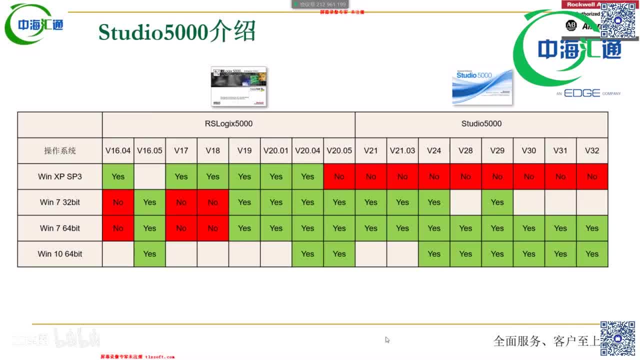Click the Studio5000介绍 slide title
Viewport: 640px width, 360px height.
tap(177, 31)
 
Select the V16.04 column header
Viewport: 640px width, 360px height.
tap(118, 150)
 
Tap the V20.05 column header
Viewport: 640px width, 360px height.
tap(339, 150)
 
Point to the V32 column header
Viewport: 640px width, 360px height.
tap(592, 150)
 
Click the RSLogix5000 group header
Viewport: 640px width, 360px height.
tap(228, 124)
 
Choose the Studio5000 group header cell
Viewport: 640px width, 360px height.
tap(481, 124)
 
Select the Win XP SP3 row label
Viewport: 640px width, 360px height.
tap(60, 176)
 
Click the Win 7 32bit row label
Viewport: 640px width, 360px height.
tap(60, 202)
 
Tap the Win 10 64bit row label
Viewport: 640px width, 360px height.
tap(60, 254)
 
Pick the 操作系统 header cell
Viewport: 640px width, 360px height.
tap(60, 150)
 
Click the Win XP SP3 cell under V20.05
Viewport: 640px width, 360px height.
tap(339, 176)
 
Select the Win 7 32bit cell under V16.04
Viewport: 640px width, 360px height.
tap(118, 202)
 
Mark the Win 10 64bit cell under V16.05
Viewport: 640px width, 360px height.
tap(149, 254)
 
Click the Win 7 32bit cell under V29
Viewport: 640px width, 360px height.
tap(497, 202)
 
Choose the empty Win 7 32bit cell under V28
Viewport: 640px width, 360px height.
tap(465, 202)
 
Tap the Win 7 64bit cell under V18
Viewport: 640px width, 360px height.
tap(213, 228)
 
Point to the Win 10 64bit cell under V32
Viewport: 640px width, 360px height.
tap(592, 254)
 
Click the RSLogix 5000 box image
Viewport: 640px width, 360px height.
tap(238, 86)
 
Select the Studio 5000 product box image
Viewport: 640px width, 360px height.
tap(482, 87)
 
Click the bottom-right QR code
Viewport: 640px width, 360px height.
tap(617, 338)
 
